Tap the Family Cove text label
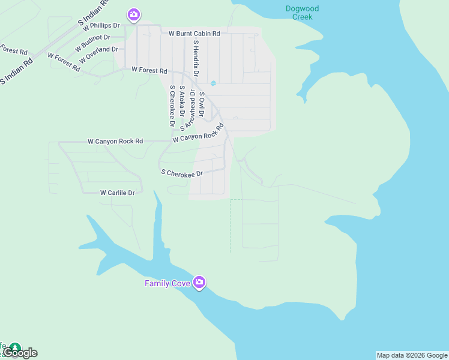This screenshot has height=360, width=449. pos(167,283)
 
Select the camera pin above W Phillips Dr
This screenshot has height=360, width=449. pos(133,14)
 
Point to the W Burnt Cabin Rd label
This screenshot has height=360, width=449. pos(194,34)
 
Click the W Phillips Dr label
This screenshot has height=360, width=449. pos(101,26)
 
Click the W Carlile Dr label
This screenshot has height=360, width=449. pos(117,193)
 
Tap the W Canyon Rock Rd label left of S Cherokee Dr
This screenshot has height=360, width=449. pos(115,142)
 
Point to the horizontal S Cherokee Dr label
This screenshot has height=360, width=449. pos(182,173)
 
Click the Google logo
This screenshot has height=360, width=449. pos(20,353)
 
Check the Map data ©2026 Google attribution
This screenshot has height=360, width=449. pos(412,355)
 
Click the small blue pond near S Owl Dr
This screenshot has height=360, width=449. pos(212,83)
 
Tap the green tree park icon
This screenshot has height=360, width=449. pos(14,347)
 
